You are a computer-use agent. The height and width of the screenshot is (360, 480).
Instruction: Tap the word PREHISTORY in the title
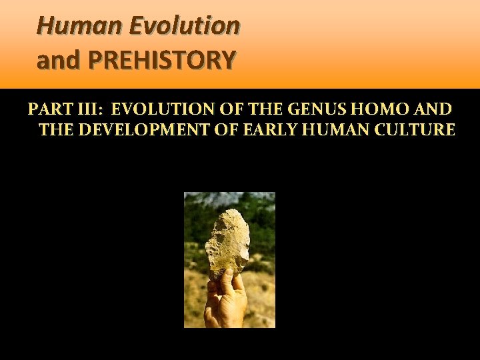(x=162, y=61)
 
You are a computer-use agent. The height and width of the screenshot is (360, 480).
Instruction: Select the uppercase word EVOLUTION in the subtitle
(x=157, y=109)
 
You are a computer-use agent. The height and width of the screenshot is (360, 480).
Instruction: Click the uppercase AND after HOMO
(x=431, y=109)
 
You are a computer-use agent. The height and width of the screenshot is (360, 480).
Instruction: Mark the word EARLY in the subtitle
(x=275, y=129)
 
